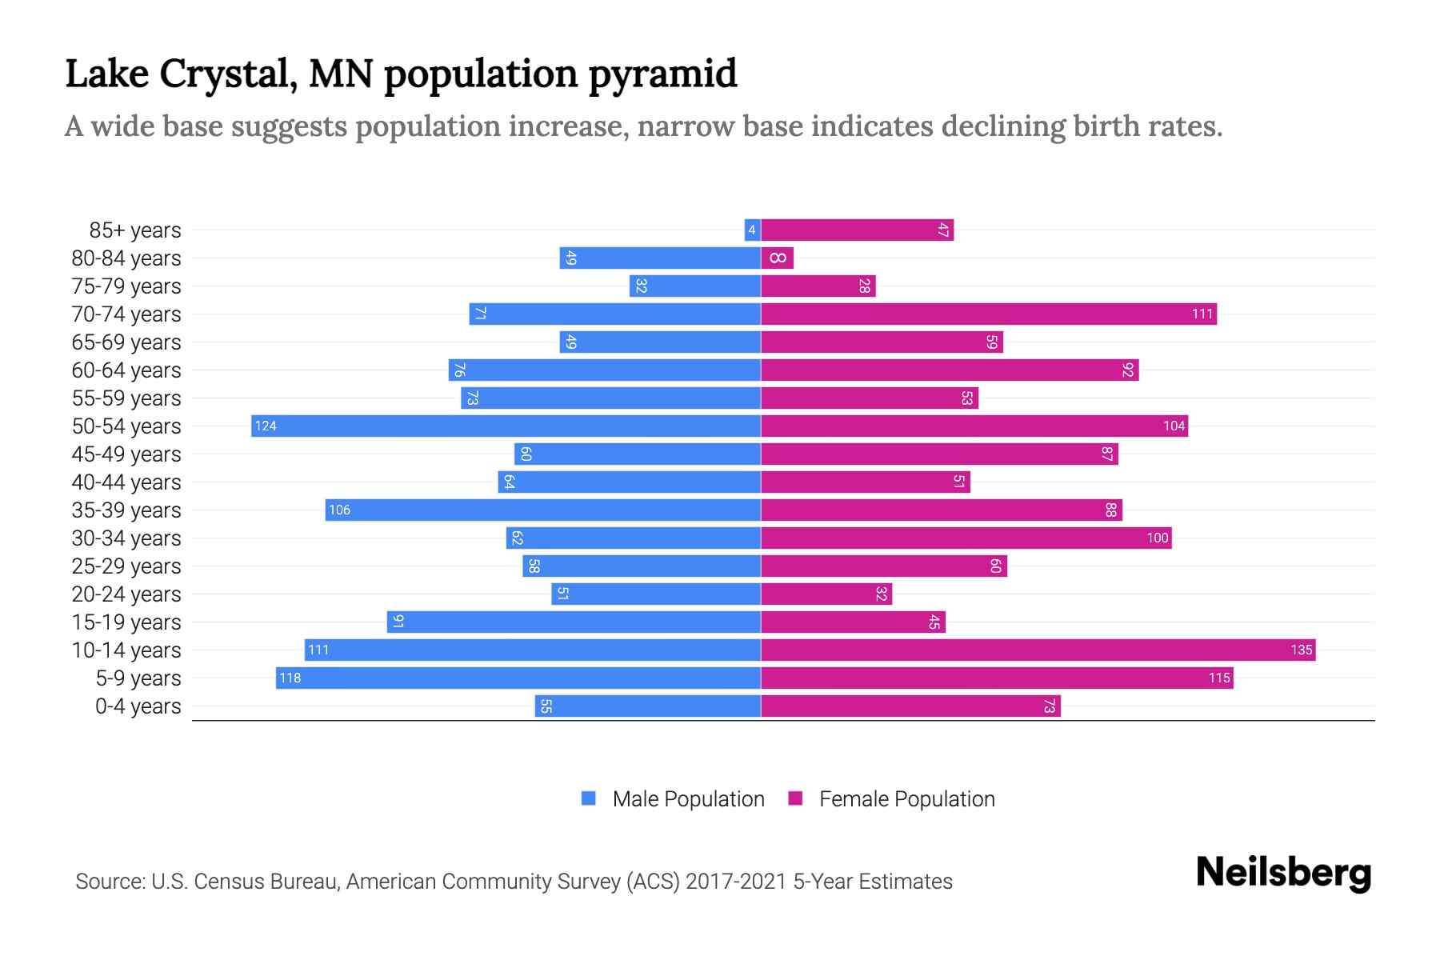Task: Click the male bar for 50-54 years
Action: point(506,426)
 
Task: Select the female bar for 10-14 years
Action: point(1038,650)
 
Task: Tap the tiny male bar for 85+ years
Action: point(752,230)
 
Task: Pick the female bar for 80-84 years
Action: point(777,258)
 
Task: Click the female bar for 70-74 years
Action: point(988,314)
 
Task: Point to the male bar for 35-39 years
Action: point(542,510)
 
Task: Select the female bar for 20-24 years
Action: point(826,594)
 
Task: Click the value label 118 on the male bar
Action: point(290,678)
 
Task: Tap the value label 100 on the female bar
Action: point(1157,538)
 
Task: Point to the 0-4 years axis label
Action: point(138,706)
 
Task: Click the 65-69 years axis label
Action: point(126,342)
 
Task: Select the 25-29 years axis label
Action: point(126,566)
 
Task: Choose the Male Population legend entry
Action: point(688,799)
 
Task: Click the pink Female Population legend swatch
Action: point(795,798)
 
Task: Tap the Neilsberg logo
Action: point(1283,873)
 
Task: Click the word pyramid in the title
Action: point(662,74)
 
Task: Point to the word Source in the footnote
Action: point(110,882)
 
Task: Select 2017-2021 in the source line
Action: point(736,882)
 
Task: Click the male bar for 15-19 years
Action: point(574,622)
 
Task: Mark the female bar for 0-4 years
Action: point(910,706)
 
